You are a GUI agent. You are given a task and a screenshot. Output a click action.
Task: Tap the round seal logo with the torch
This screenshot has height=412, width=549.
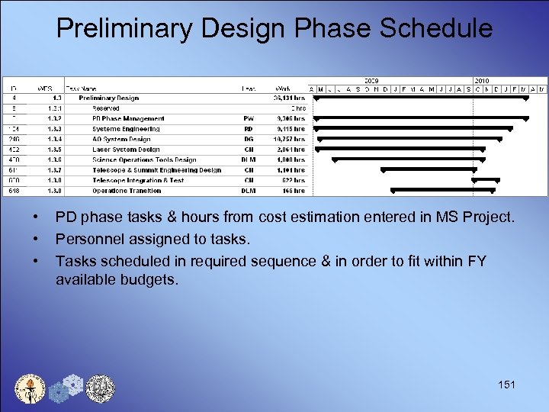pyautogui.click(x=30, y=388)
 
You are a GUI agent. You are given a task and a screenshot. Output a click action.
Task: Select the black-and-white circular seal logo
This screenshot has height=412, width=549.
pyautogui.click(x=99, y=388)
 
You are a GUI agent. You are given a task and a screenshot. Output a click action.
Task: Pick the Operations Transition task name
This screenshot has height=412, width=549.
pyautogui.click(x=127, y=191)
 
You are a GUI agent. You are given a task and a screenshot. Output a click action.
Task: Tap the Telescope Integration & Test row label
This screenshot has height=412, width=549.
pyautogui.click(x=138, y=181)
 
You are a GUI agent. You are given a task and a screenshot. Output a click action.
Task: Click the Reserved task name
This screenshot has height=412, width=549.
pyautogui.click(x=106, y=108)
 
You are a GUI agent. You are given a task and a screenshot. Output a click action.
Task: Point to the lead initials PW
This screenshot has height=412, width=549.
pyautogui.click(x=249, y=119)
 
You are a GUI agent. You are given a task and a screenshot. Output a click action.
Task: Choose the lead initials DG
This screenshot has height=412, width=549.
pyautogui.click(x=249, y=140)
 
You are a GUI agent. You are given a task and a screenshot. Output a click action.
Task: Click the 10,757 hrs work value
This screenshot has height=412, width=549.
pyautogui.click(x=288, y=140)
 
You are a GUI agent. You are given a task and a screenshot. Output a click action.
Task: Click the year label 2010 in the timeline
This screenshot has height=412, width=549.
pyautogui.click(x=482, y=80)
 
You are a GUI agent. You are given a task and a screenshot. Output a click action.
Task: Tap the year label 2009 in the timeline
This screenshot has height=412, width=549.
pyautogui.click(x=372, y=80)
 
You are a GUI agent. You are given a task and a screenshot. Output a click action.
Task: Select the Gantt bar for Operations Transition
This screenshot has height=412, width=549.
pyautogui.click(x=442, y=190)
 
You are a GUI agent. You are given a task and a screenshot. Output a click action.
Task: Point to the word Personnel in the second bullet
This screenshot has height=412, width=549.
pyautogui.click(x=85, y=240)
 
